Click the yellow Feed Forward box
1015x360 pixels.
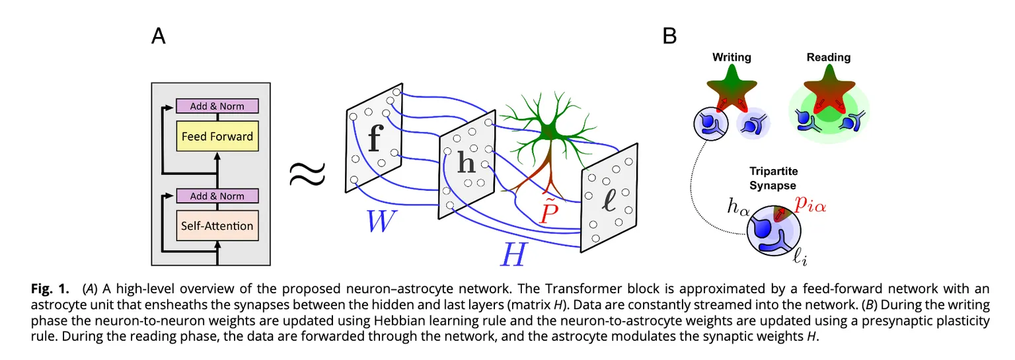point(217,137)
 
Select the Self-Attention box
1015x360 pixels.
point(217,226)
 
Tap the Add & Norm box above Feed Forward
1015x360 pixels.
point(217,106)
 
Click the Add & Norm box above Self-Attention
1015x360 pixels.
point(217,196)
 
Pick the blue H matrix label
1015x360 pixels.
point(513,254)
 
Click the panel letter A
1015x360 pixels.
point(159,36)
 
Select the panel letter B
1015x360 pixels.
point(669,36)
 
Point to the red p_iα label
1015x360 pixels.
point(809,207)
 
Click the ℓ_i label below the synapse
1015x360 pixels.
point(800,258)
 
